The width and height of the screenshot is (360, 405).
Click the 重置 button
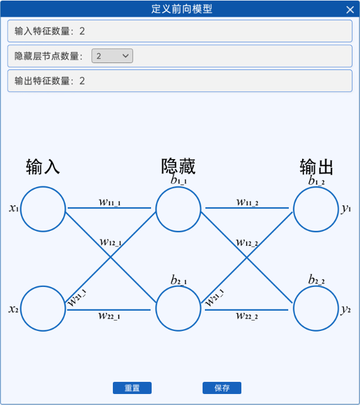pyautogui.click(x=132, y=388)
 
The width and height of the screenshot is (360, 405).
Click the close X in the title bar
pyautogui.click(x=350, y=9)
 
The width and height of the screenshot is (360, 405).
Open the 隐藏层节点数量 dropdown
pyautogui.click(x=112, y=56)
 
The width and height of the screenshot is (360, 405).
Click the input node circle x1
pyautogui.click(x=43, y=209)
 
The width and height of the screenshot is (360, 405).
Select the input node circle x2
pyautogui.click(x=43, y=308)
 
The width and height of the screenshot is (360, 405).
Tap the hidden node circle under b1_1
pyautogui.click(x=179, y=209)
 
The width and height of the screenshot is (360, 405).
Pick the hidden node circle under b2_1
pyautogui.click(x=179, y=308)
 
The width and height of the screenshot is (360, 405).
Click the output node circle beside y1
pyautogui.click(x=316, y=209)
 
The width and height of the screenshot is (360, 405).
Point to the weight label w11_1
pyautogui.click(x=109, y=202)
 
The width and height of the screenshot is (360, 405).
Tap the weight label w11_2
pyautogui.click(x=247, y=202)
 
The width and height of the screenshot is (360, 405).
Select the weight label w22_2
pyautogui.click(x=247, y=316)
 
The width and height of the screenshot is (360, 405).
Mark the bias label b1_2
pyautogui.click(x=316, y=181)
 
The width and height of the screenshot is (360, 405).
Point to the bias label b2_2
pyautogui.click(x=316, y=281)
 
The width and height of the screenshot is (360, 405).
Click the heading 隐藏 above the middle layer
pyautogui.click(x=178, y=167)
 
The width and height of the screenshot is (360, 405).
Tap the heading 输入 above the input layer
pyautogui.click(x=43, y=167)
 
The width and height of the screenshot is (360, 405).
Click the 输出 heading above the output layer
pyautogui.click(x=317, y=167)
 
